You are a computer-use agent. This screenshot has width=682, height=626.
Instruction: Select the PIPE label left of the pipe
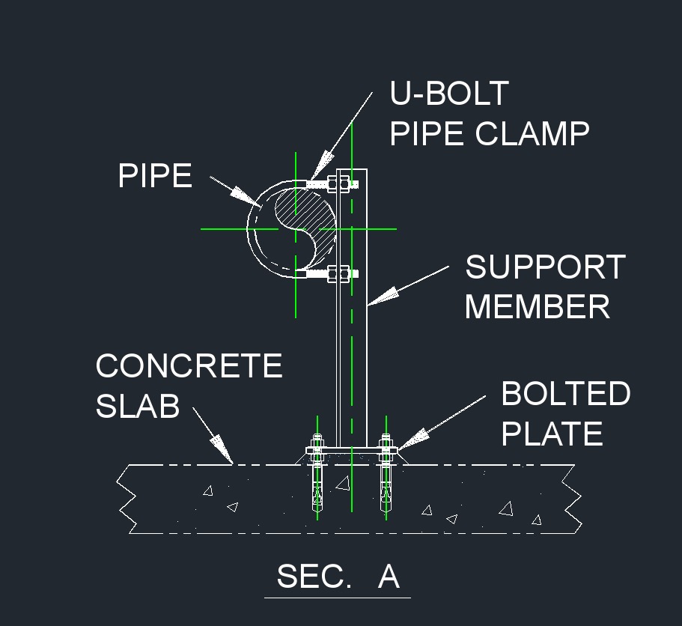155,177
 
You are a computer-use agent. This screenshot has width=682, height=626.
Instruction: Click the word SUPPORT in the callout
545,268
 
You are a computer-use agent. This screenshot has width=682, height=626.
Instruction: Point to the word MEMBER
538,307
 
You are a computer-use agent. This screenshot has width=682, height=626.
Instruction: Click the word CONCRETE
189,366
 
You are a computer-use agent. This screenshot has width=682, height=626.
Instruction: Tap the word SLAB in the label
138,406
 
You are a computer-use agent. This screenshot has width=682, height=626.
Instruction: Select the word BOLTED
565,394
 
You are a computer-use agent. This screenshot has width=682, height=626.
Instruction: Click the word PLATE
552,434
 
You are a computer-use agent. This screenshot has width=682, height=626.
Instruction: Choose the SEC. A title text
338,577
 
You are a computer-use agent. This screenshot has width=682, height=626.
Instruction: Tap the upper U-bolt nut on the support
336,183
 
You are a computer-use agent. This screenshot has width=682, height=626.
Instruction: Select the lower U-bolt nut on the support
336,274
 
